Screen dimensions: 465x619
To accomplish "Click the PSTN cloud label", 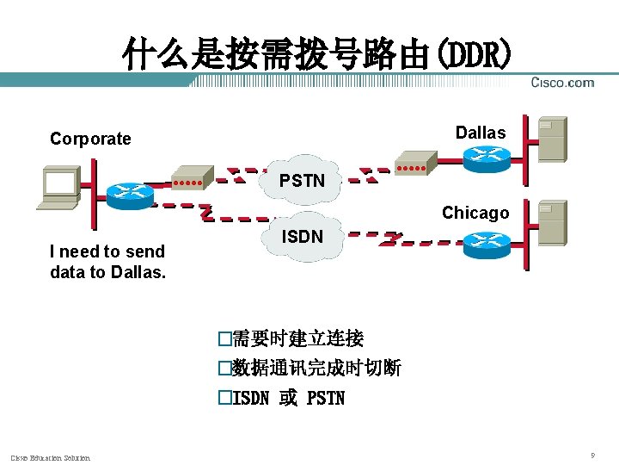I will pyautogui.click(x=302, y=181).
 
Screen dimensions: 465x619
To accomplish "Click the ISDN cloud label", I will pyautogui.click(x=302, y=235).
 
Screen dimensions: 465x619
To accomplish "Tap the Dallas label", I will pyautogui.click(x=481, y=133).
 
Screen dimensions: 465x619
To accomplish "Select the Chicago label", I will pyautogui.click(x=475, y=213).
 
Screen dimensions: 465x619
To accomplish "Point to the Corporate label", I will pyautogui.click(x=90, y=139).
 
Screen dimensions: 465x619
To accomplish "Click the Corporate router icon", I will pyautogui.click(x=129, y=194).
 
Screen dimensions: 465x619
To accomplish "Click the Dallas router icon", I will pyautogui.click(x=487, y=158).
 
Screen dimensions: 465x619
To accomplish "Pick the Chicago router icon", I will pyautogui.click(x=487, y=245).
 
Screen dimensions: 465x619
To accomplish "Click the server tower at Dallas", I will pyautogui.click(x=551, y=139).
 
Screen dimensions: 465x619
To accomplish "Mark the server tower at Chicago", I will pyautogui.click(x=551, y=222).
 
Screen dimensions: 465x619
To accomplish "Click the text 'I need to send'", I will pyautogui.click(x=107, y=251).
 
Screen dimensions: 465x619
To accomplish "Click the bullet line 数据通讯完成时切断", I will pyautogui.click(x=309, y=369).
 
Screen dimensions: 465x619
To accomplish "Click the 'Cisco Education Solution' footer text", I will pyautogui.click(x=50, y=457).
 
